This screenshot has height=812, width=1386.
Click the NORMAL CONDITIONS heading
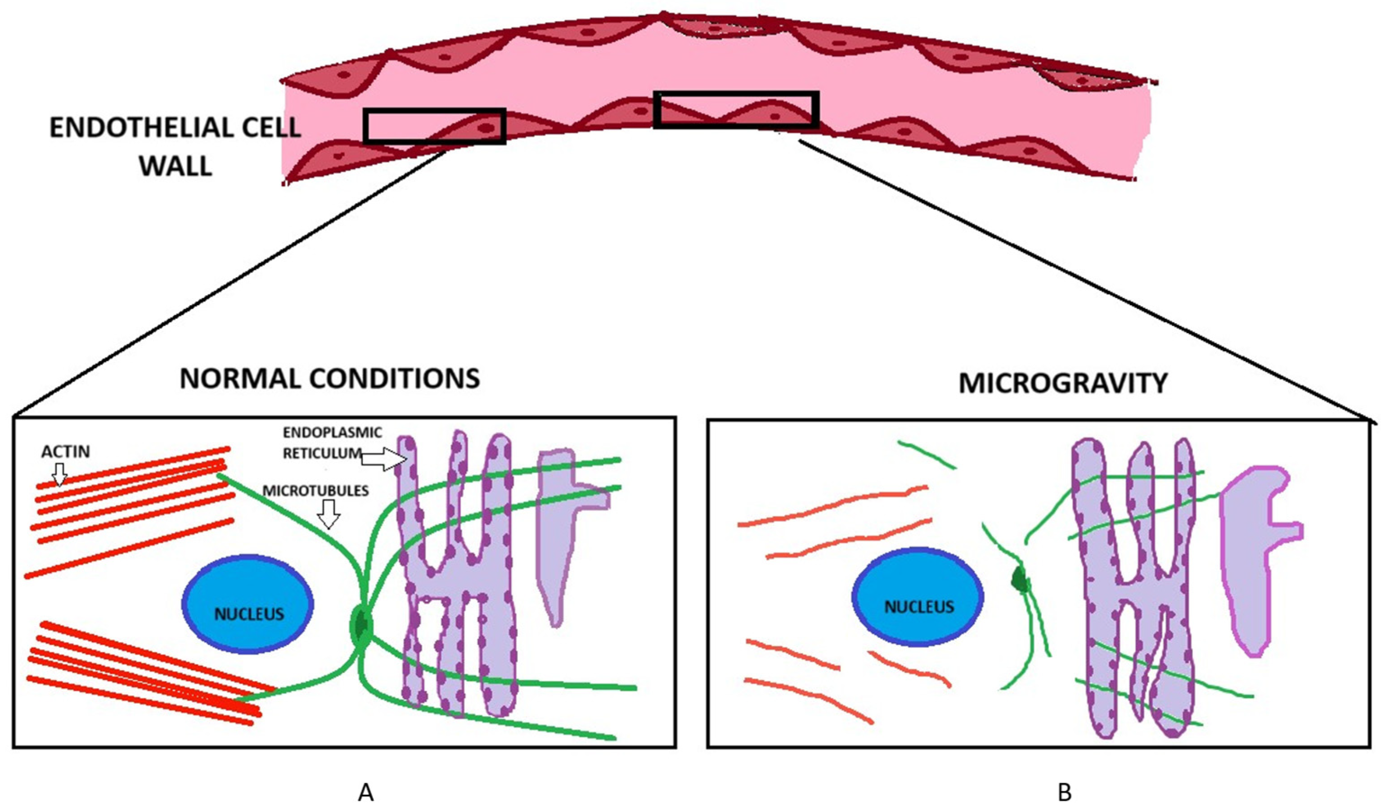[x=329, y=379]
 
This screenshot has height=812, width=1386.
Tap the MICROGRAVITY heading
[x=1062, y=383]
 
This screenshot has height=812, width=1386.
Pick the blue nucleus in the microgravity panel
[x=918, y=597]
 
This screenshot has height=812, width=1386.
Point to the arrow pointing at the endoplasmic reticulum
[x=383, y=459]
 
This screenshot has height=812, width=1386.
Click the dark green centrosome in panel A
[x=361, y=625]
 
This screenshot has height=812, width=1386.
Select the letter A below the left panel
[x=366, y=793]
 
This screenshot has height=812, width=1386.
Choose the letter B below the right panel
[x=1064, y=793]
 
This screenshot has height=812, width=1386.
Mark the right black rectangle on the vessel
[x=736, y=109]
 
